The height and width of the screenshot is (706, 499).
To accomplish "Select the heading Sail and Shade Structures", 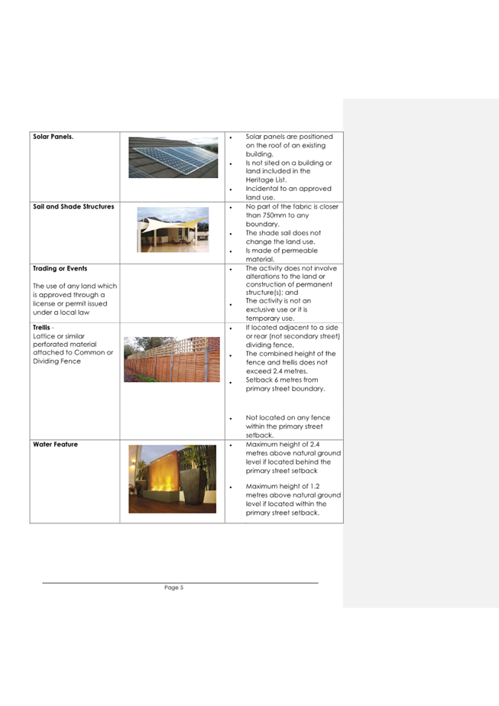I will (x=73, y=206).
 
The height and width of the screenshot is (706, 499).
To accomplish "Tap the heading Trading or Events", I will (x=60, y=269).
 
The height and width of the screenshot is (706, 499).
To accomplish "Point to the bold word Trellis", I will (x=42, y=328).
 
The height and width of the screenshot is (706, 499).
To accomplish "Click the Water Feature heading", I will (x=55, y=444).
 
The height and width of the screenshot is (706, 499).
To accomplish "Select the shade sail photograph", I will (x=172, y=230).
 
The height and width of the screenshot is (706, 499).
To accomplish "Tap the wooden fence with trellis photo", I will (x=171, y=359).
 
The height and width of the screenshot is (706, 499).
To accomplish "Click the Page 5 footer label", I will (x=173, y=588).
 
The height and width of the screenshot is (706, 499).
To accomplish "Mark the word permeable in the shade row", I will (x=300, y=251).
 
